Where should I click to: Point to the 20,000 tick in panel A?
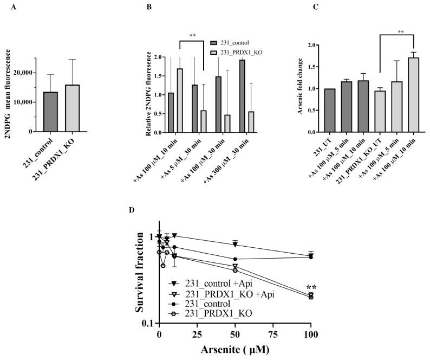[x=21, y=73]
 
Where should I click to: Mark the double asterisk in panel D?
[x=311, y=288]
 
